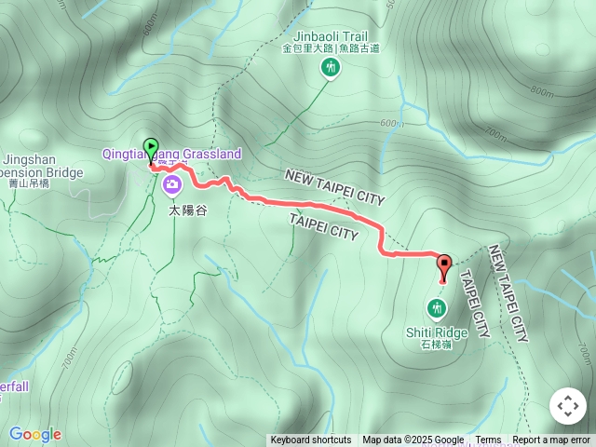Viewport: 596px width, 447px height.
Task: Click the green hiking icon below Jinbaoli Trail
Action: [x=330, y=67]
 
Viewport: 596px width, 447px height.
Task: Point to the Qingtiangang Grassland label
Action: [x=171, y=154]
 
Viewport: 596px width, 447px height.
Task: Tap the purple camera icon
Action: [x=171, y=185]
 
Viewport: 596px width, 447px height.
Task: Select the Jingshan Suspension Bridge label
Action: [x=41, y=166]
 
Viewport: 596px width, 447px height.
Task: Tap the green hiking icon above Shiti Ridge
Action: [x=436, y=307]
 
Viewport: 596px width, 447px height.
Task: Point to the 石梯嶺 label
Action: [x=437, y=345]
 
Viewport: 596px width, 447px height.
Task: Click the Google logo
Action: [x=34, y=434]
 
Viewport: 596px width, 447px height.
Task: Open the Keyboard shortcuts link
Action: [x=311, y=440]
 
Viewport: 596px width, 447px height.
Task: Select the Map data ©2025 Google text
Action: [x=413, y=440]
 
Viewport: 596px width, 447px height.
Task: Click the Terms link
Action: [x=488, y=440]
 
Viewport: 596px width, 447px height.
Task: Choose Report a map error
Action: [x=551, y=440]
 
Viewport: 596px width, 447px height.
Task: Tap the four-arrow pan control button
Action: [x=567, y=406]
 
